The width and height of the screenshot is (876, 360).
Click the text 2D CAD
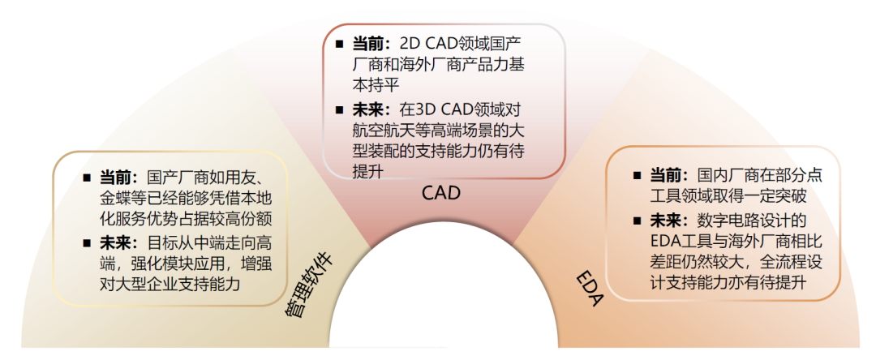[x=432, y=43]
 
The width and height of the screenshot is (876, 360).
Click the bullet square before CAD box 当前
[x=338, y=43]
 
